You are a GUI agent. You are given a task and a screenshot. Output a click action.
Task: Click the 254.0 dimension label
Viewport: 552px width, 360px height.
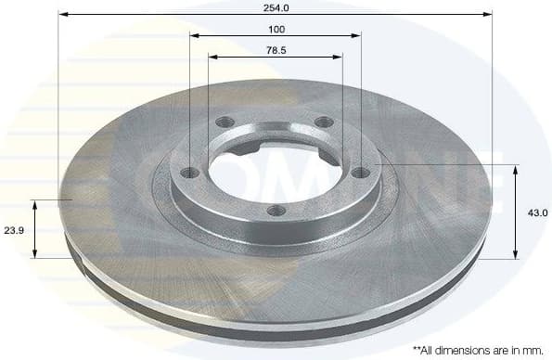(x=276, y=7)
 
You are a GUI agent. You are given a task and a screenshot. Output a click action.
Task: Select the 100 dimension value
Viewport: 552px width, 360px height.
(x=276, y=29)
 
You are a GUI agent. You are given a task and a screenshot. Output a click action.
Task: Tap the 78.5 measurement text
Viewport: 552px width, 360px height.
(x=276, y=49)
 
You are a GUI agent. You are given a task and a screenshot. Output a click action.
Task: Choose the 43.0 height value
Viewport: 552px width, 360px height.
(x=538, y=212)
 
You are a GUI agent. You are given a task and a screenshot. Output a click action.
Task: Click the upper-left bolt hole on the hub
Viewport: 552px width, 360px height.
(x=223, y=122)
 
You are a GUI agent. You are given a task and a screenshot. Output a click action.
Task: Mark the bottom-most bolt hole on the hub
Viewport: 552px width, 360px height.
(x=275, y=210)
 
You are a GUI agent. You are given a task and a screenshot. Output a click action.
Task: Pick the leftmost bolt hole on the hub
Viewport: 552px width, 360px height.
(x=190, y=172)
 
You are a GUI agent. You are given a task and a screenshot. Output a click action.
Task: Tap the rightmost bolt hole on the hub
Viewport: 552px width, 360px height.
(x=361, y=171)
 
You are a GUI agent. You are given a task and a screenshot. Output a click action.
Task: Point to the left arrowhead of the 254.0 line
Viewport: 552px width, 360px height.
(x=61, y=14)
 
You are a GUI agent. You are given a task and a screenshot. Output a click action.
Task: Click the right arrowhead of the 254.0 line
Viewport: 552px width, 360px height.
(x=488, y=14)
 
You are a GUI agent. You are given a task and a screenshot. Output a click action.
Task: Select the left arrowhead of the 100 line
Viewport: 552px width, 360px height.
(x=193, y=35)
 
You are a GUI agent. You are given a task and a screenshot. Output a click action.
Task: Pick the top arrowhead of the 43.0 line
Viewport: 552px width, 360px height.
(x=516, y=168)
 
